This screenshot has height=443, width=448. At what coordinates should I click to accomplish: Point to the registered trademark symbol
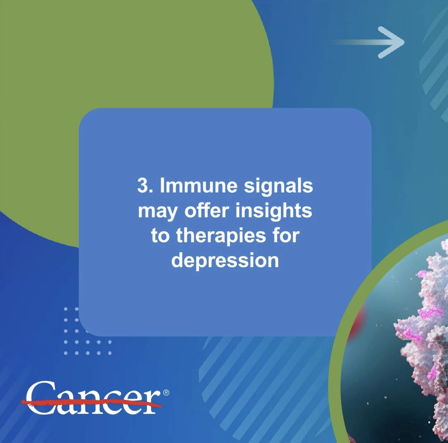tap(166, 393)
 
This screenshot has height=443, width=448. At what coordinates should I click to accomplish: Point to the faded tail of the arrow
tap(347, 42)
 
